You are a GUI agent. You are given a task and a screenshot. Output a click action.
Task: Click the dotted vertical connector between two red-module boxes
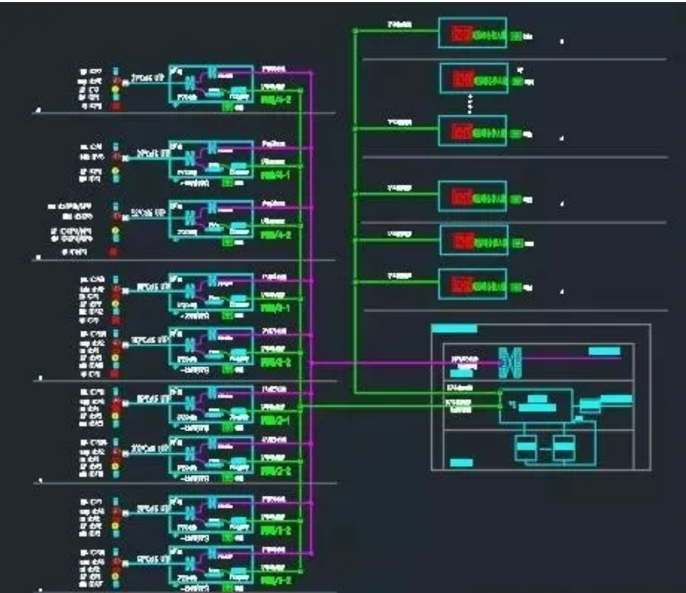coord(471,105)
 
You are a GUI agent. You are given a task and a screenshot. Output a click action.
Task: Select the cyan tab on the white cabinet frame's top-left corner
coord(454,329)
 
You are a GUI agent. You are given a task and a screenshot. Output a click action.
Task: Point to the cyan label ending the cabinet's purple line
coord(604,351)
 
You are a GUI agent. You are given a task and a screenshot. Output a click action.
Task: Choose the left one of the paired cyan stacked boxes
coord(525,447)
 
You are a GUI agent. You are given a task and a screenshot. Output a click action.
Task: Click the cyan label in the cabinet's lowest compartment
coord(461,463)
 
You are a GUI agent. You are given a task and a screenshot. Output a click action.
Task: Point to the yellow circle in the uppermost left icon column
coord(115,88)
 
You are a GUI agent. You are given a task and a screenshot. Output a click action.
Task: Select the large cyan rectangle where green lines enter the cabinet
coord(535,405)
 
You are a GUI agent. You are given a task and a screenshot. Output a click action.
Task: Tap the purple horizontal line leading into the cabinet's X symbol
coord(405,363)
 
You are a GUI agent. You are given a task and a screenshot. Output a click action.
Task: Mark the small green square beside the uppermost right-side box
coord(515,35)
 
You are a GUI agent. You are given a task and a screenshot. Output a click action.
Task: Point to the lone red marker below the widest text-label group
coord(113,252)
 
